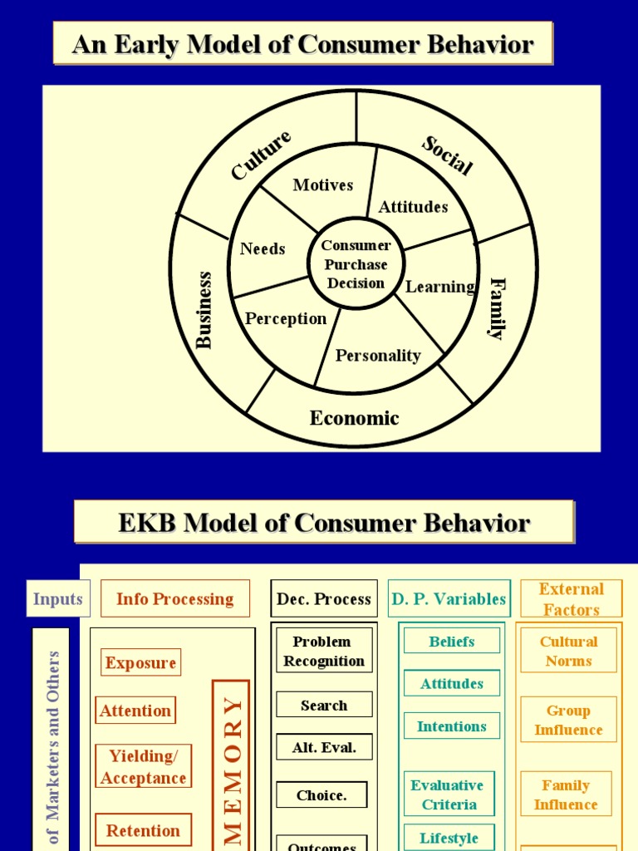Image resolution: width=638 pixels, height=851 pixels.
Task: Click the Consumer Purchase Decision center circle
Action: tap(356, 264)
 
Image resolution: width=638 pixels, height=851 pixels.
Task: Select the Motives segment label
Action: tap(322, 185)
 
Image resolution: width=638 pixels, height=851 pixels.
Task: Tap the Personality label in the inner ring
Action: tap(378, 356)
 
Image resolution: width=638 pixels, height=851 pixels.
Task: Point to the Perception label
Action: tap(286, 319)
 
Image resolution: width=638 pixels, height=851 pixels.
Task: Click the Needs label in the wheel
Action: tap(263, 248)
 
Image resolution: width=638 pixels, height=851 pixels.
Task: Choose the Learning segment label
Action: tap(439, 287)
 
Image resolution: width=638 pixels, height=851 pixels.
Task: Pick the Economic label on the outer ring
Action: tap(355, 418)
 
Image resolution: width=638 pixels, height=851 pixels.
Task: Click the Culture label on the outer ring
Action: tap(261, 155)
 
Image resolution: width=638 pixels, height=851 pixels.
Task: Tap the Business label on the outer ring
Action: tap(204, 310)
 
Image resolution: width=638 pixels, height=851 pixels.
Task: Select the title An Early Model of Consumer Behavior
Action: tap(302, 44)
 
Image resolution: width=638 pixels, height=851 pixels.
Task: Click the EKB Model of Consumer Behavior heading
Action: tap(324, 523)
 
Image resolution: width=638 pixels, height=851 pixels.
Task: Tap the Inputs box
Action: tap(58, 598)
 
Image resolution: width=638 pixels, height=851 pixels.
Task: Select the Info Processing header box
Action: tap(175, 598)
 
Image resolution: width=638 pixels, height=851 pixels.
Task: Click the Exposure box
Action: tap(140, 662)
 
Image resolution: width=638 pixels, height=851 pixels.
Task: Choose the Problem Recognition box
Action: tap(324, 652)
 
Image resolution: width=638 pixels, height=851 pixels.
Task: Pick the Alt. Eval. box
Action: tap(324, 747)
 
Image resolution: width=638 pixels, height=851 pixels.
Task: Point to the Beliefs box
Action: tap(452, 641)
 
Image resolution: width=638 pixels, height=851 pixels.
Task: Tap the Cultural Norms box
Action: tap(568, 651)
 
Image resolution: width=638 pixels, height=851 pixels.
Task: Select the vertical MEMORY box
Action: tap(231, 765)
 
